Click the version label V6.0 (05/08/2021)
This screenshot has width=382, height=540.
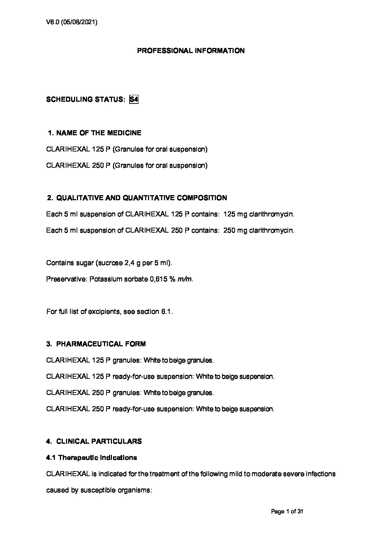tap(72, 22)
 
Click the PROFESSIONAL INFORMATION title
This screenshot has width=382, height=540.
tap(191, 51)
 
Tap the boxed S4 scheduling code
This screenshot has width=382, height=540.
tap(134, 100)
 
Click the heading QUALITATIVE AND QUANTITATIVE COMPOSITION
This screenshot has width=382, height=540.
tap(142, 198)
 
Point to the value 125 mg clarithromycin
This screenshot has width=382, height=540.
tap(259, 214)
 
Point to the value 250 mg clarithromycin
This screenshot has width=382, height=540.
tap(259, 231)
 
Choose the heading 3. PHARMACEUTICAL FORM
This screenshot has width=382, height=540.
tap(96, 344)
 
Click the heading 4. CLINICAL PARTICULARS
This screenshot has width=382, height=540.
tap(94, 442)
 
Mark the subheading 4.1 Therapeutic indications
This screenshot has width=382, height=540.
tap(92, 458)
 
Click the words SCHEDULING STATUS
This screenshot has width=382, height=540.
tap(86, 100)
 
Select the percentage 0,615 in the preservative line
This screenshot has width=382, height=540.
tap(158, 279)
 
